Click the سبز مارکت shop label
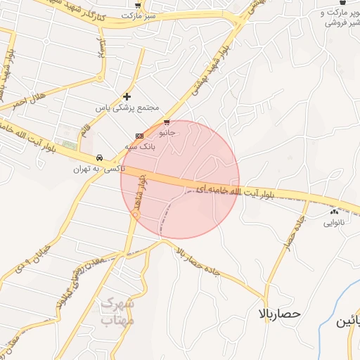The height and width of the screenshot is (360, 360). tap(136, 14)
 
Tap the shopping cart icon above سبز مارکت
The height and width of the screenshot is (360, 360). tap(137, 4)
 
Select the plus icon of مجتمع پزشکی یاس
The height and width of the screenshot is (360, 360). tap(127, 96)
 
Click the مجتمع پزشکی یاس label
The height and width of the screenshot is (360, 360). tap(128, 108)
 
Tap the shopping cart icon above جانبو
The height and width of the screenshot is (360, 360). tap(167, 122)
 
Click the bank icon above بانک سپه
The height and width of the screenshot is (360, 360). tap(139, 136)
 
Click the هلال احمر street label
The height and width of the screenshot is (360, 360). tap(28, 100)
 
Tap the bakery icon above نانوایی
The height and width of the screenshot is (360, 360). tap(333, 212)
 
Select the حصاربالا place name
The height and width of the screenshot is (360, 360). tap(279, 313)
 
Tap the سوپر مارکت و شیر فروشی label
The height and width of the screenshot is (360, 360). tap(342, 18)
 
